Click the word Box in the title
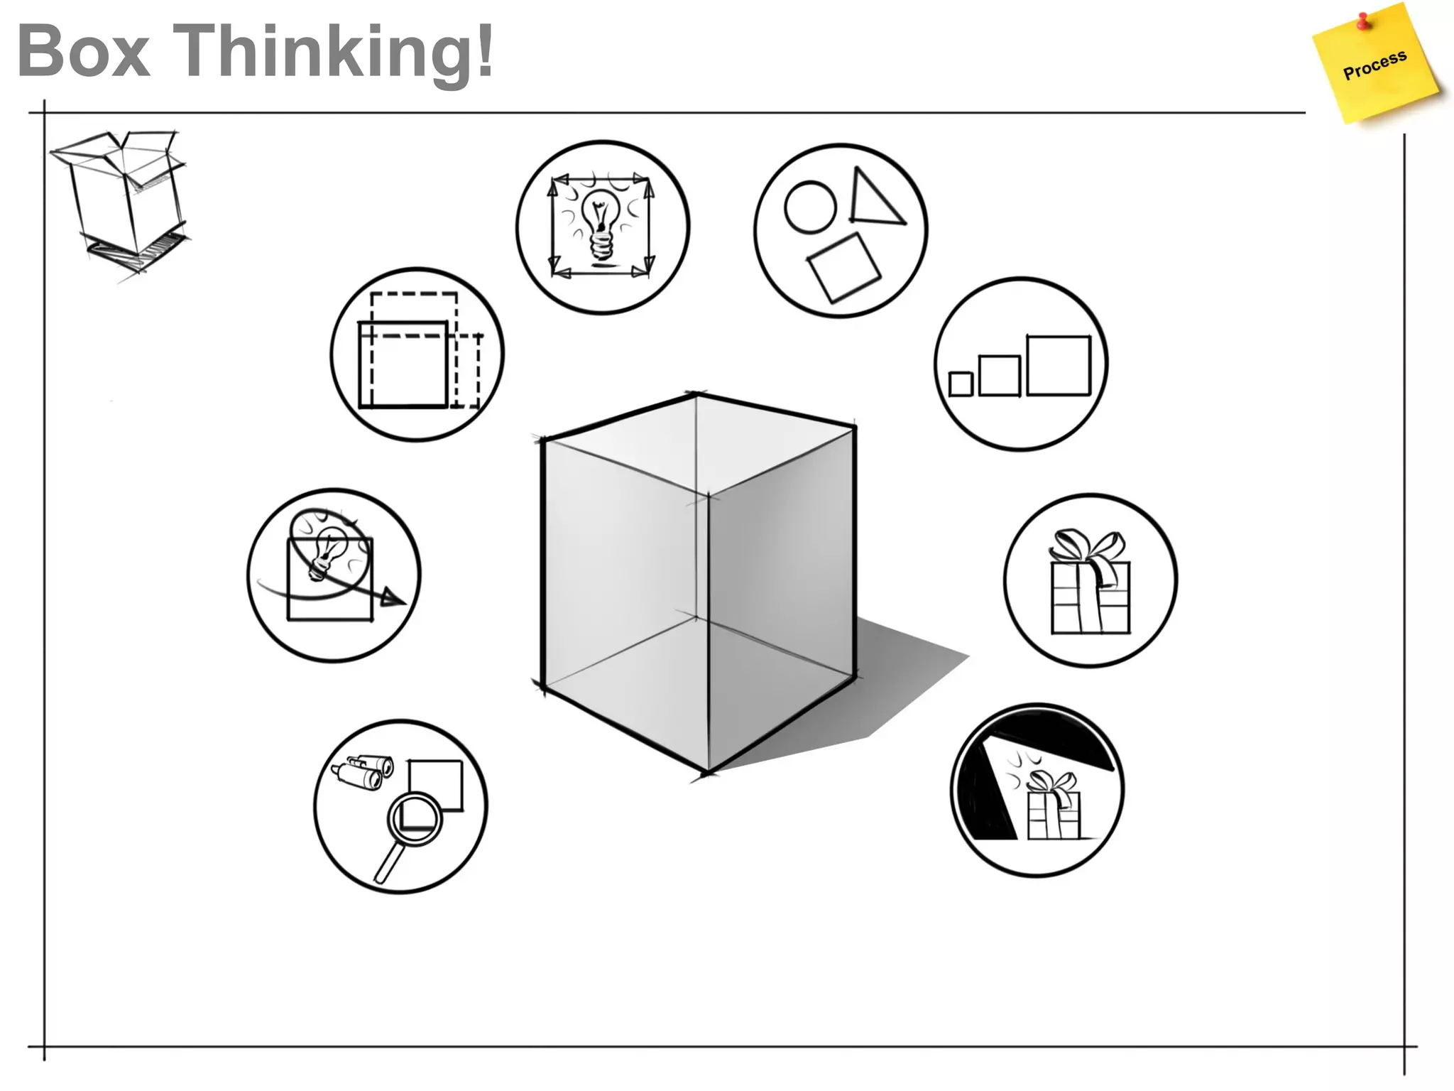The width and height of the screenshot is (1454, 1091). [x=84, y=51]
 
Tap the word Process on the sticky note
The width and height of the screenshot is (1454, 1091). [x=1374, y=65]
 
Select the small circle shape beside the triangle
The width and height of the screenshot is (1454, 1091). [x=810, y=207]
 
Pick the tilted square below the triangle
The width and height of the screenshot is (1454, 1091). [x=843, y=268]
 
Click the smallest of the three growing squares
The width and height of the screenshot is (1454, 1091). [x=961, y=384]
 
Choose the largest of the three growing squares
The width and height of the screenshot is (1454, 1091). [x=1058, y=365]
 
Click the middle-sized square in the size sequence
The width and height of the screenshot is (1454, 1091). [x=999, y=375]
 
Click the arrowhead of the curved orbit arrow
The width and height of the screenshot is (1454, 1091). [x=391, y=597]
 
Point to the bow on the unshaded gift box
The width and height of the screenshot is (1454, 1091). [x=1086, y=548]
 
